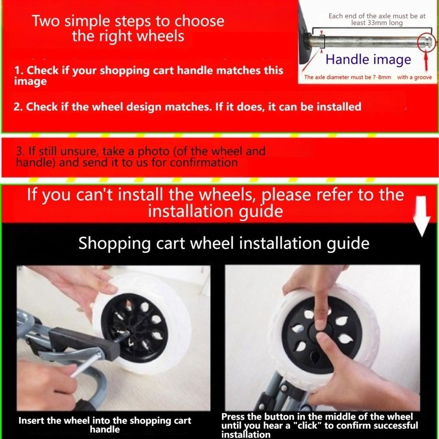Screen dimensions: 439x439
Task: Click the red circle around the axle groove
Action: coord(426,43)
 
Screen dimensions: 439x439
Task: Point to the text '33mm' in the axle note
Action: coord(376,23)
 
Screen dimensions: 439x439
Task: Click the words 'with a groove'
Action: coord(414,77)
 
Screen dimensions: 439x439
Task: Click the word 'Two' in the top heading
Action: coord(46,21)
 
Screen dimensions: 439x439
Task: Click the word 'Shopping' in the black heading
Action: coord(115,243)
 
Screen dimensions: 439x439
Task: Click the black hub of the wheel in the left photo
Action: coord(134,328)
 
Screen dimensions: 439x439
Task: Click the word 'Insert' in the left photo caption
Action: coord(31,421)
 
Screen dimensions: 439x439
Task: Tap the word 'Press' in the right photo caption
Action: coord(233,417)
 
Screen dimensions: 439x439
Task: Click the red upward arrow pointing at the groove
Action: coord(427,63)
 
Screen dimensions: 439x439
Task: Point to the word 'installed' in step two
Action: coord(339,107)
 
